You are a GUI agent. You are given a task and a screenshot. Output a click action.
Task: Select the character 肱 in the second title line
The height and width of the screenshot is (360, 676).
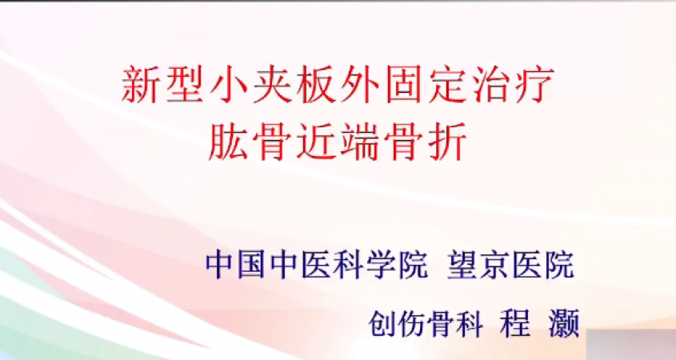[228, 142]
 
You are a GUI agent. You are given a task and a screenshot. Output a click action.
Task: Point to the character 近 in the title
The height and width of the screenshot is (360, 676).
[316, 142]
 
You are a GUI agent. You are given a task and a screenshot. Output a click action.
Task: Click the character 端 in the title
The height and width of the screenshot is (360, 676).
[360, 142]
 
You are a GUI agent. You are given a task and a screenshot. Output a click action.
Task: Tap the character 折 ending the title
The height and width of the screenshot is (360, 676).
[448, 142]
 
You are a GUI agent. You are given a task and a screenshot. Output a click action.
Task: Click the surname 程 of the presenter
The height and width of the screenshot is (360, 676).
[514, 323]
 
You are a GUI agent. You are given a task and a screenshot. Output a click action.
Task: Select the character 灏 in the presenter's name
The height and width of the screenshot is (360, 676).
[564, 323]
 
